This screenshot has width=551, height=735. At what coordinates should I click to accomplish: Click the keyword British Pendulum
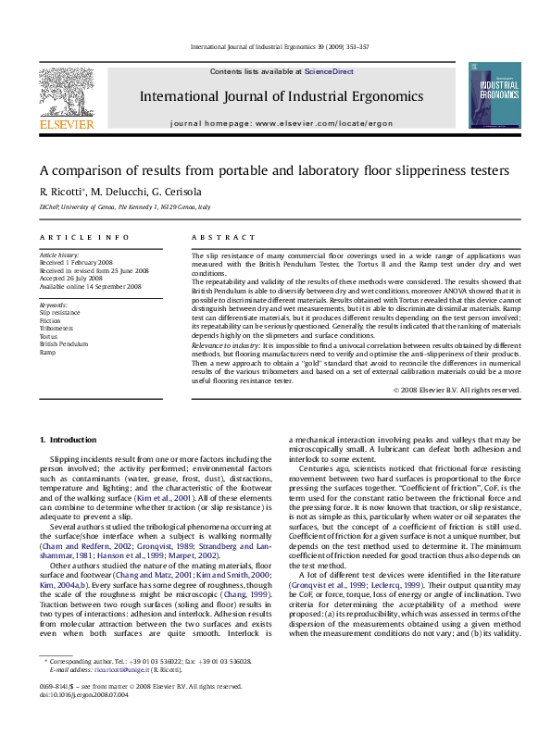pyautogui.click(x=64, y=343)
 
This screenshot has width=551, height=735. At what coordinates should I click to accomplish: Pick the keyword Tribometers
pyautogui.click(x=57, y=328)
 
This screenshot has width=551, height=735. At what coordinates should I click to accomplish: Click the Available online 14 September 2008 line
pyautogui.click(x=90, y=286)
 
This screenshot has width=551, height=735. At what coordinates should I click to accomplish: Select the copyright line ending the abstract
pyautogui.click(x=457, y=391)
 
